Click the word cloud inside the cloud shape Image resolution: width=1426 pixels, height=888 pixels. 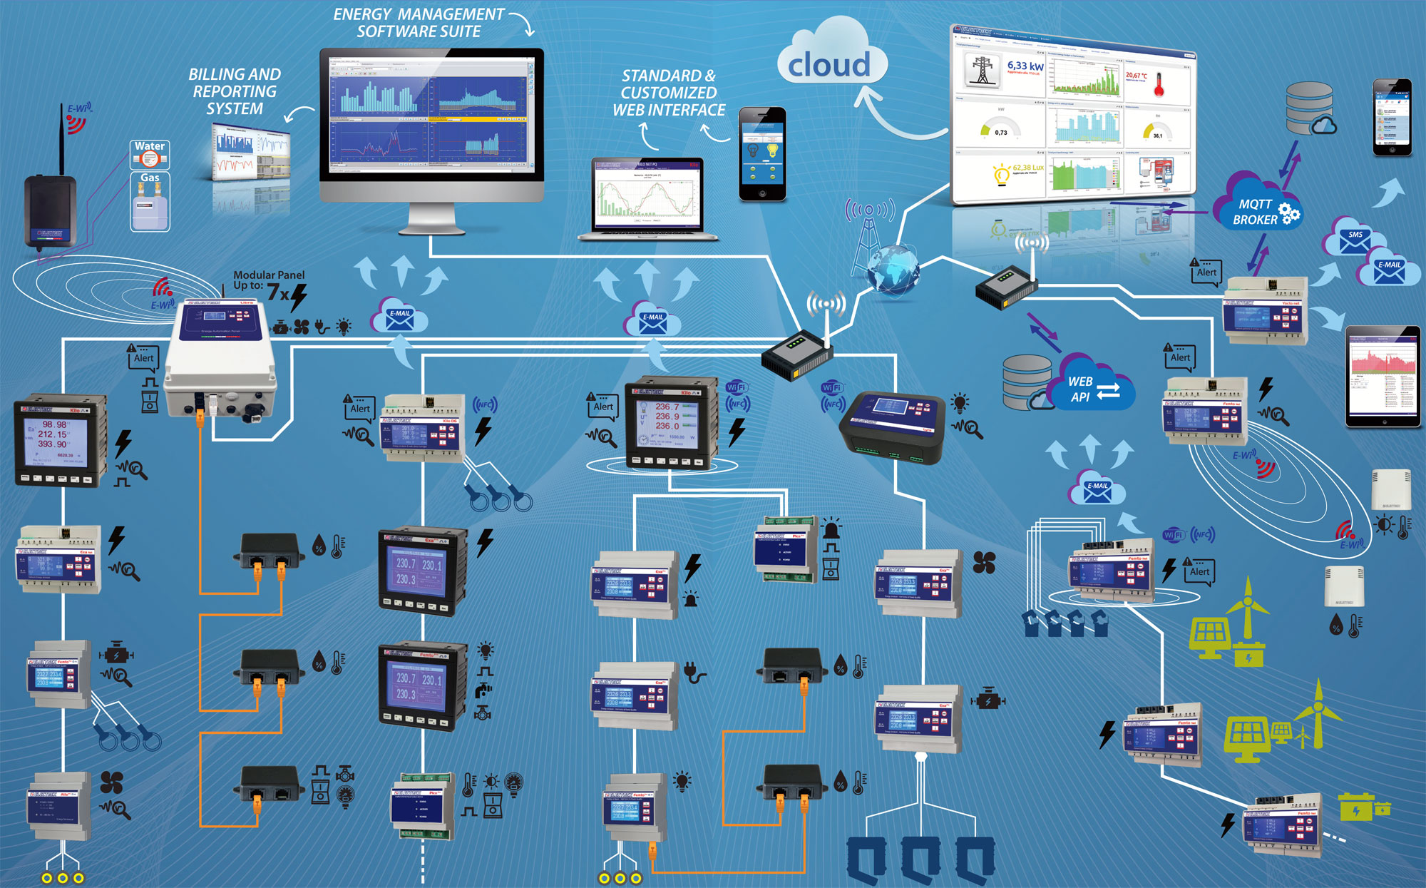(829, 65)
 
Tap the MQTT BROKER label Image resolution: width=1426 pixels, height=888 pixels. (1255, 212)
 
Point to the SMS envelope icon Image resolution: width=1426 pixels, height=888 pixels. (1354, 241)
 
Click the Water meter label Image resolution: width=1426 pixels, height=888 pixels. (150, 146)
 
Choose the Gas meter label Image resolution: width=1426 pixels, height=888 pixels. (150, 178)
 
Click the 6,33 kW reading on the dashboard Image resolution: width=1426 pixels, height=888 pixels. (1025, 66)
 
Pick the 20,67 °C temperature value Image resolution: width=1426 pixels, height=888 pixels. (1137, 75)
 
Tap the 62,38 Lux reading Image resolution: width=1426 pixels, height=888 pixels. (1027, 168)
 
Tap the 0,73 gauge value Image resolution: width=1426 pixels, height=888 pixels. (1001, 133)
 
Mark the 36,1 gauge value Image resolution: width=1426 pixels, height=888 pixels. (1157, 136)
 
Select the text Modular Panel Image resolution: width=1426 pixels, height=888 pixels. (269, 275)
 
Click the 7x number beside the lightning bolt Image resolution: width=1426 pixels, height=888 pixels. (277, 292)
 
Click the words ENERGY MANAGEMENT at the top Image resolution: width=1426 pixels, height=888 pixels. (419, 14)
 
